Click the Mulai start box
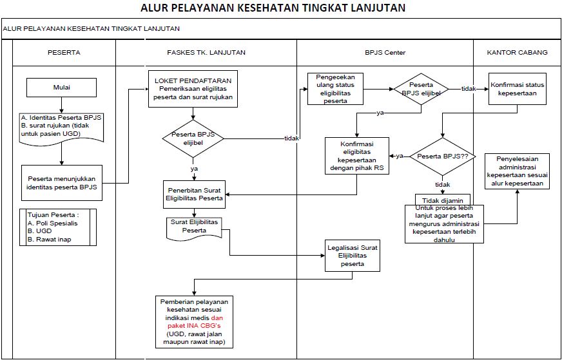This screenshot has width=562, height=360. [x=62, y=87]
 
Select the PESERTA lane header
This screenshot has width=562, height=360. [x=64, y=52]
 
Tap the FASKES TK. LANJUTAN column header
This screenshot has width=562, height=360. [x=206, y=52]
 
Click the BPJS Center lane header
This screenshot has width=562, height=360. [x=385, y=52]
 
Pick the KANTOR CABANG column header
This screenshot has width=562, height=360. [x=518, y=52]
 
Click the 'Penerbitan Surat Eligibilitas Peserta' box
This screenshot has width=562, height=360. [x=194, y=194]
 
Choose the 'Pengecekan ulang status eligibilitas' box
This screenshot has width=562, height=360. [x=335, y=89]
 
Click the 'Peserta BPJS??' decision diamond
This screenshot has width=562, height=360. [x=442, y=156]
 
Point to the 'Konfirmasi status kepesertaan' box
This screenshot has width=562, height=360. [x=518, y=89]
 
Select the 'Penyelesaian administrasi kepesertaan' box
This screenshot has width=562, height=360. [x=518, y=171]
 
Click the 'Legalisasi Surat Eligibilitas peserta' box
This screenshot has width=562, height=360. [x=352, y=256]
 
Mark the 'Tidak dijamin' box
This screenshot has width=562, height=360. [x=442, y=200]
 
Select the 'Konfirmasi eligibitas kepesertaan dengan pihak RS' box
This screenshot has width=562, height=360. [x=356, y=156]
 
